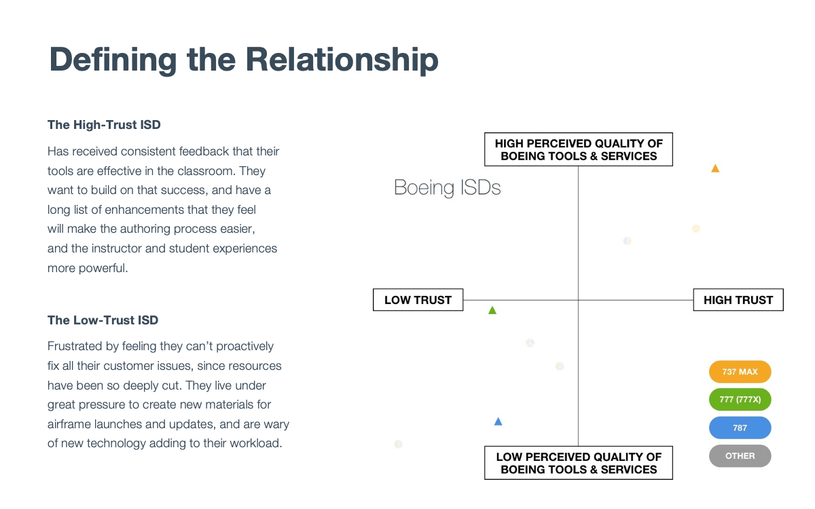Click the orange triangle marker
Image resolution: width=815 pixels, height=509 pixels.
[x=715, y=168]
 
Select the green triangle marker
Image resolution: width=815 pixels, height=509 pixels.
[x=492, y=311]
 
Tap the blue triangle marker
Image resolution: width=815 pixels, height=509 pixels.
[x=498, y=421]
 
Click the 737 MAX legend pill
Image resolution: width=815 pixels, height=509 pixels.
[x=740, y=372]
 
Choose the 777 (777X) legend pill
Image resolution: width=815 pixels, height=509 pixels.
[x=740, y=400]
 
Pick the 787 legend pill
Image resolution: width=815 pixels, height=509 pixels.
[x=740, y=428]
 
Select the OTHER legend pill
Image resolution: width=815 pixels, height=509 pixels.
[x=740, y=456]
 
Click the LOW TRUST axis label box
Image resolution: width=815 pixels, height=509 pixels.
[x=418, y=300]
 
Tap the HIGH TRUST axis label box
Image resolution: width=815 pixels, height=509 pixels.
[x=738, y=300]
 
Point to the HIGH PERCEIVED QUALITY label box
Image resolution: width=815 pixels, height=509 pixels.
[x=579, y=149]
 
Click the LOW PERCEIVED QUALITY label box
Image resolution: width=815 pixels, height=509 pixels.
[x=579, y=463]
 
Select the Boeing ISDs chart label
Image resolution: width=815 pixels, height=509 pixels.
[x=448, y=187]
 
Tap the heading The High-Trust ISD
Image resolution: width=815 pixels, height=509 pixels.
[x=104, y=125]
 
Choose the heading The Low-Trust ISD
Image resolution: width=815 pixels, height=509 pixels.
[x=103, y=320]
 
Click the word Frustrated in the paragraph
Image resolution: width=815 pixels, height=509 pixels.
[x=74, y=346]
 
